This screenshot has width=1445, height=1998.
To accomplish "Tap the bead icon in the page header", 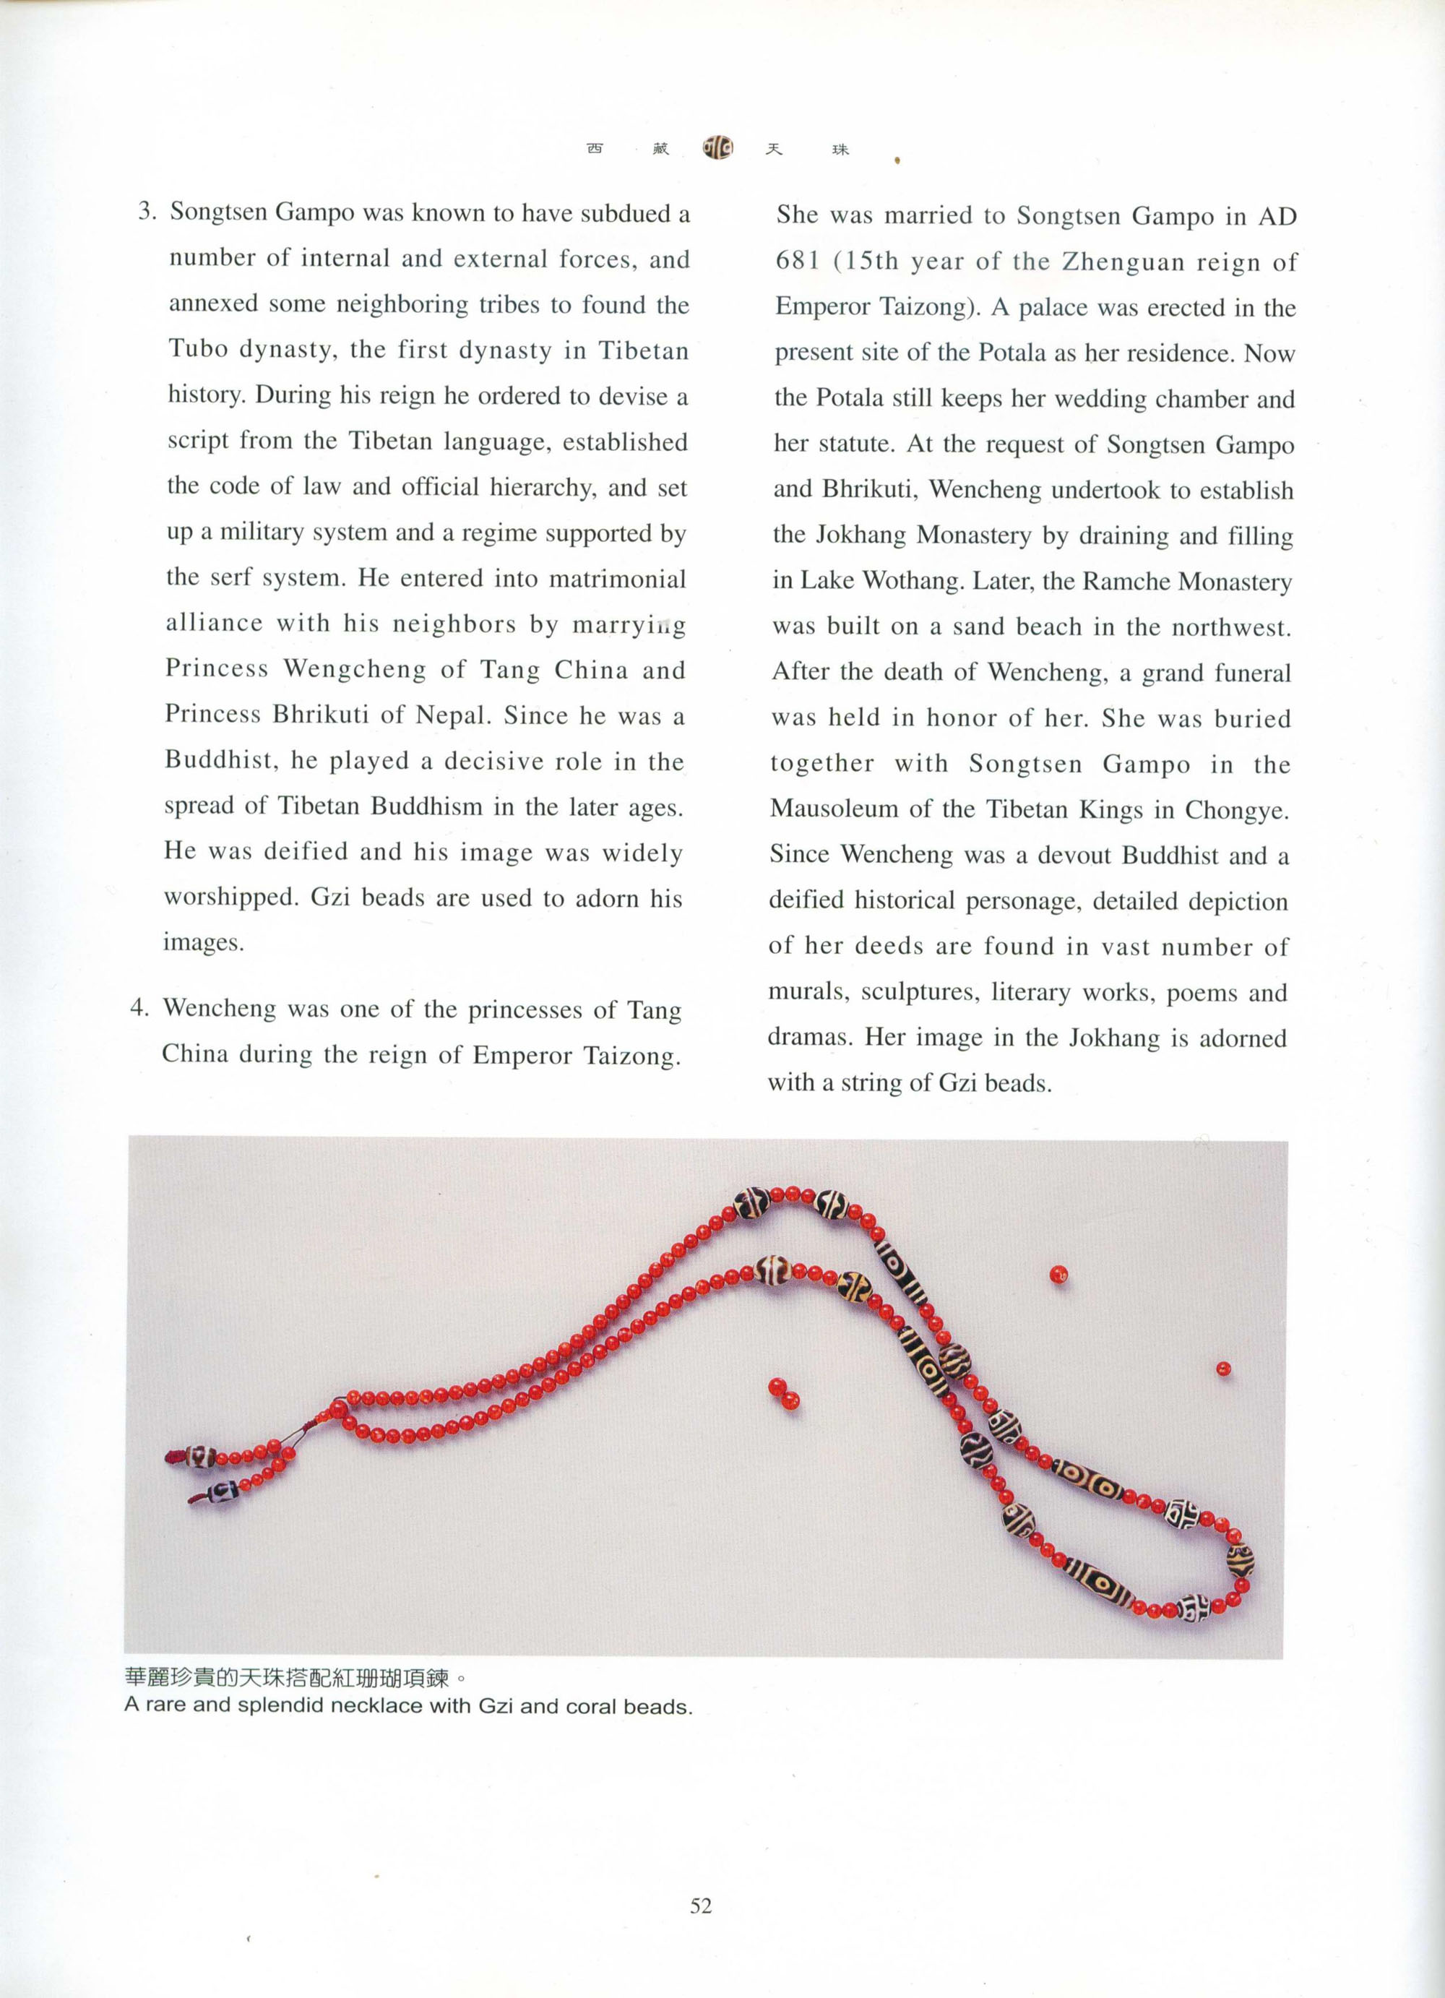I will pyautogui.click(x=717, y=147).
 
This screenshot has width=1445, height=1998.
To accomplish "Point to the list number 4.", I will pyautogui.click(x=139, y=1007).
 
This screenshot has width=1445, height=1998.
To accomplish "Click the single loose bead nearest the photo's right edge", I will pyautogui.click(x=1223, y=1369).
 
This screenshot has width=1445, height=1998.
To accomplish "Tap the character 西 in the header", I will pyautogui.click(x=595, y=148).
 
